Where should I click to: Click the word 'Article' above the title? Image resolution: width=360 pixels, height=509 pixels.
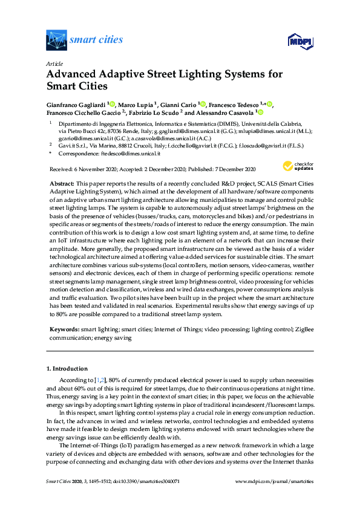click(x=54, y=63)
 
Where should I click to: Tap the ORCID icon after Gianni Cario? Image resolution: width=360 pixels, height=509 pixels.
click(x=203, y=105)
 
